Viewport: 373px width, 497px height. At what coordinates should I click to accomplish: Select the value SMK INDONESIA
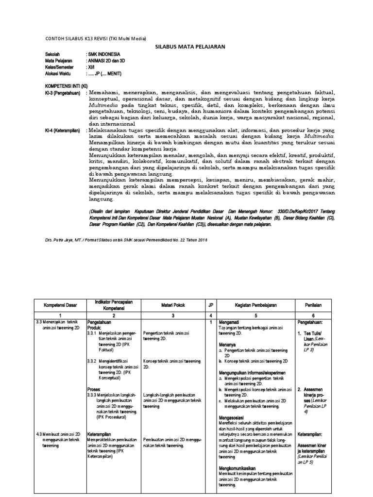coord(103,54)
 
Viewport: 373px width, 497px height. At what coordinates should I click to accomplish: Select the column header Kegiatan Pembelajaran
coord(255,305)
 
